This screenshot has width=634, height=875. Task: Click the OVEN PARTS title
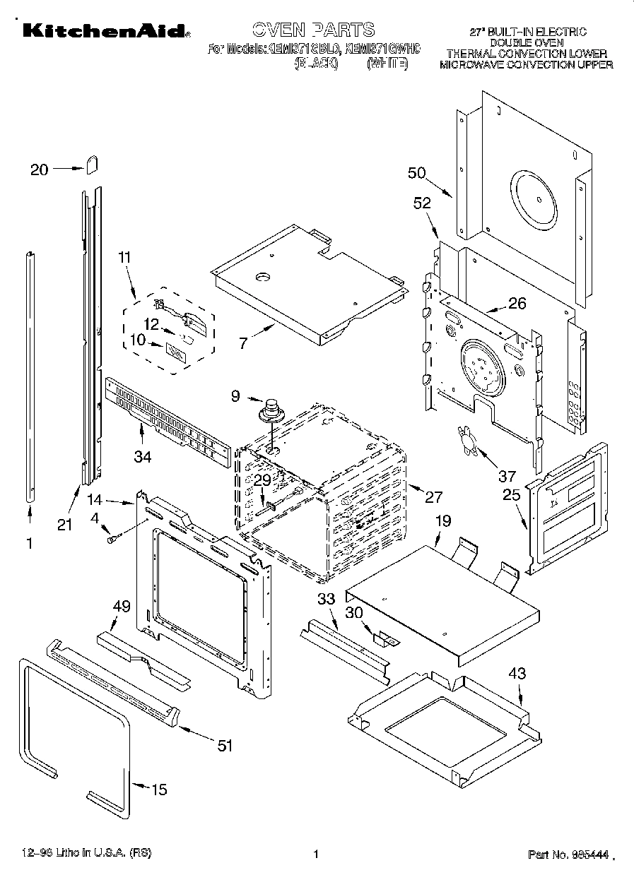click(x=313, y=29)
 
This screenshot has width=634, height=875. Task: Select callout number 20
click(x=40, y=169)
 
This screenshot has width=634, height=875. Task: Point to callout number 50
click(x=417, y=173)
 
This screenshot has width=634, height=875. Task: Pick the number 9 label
click(x=236, y=397)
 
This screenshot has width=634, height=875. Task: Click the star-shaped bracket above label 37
click(x=466, y=436)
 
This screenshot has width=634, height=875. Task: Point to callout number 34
click(x=143, y=456)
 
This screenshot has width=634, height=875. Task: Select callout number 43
click(x=517, y=674)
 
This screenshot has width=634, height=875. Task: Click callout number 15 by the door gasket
click(x=160, y=789)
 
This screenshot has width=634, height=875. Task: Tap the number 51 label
click(x=225, y=745)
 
